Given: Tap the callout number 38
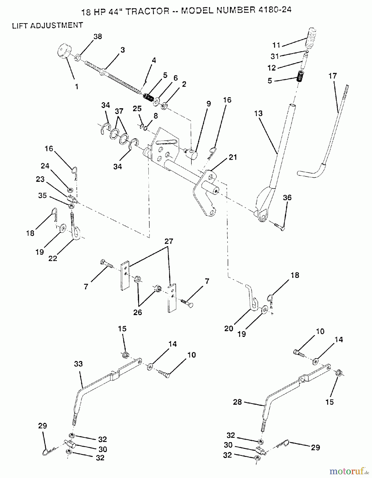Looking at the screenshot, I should point(98,36).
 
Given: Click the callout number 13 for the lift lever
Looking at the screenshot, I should point(258,113).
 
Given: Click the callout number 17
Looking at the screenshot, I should point(332,76).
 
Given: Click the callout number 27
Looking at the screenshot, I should point(169,241).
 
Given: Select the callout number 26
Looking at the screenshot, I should point(138,312).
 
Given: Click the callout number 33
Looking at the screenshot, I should point(79,364).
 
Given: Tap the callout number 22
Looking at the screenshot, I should point(53,258).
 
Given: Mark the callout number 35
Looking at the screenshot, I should point(42,196).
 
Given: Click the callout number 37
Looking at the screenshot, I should point(119,111).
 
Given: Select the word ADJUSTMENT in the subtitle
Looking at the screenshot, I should point(57,25).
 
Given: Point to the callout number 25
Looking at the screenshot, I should point(137,109).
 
